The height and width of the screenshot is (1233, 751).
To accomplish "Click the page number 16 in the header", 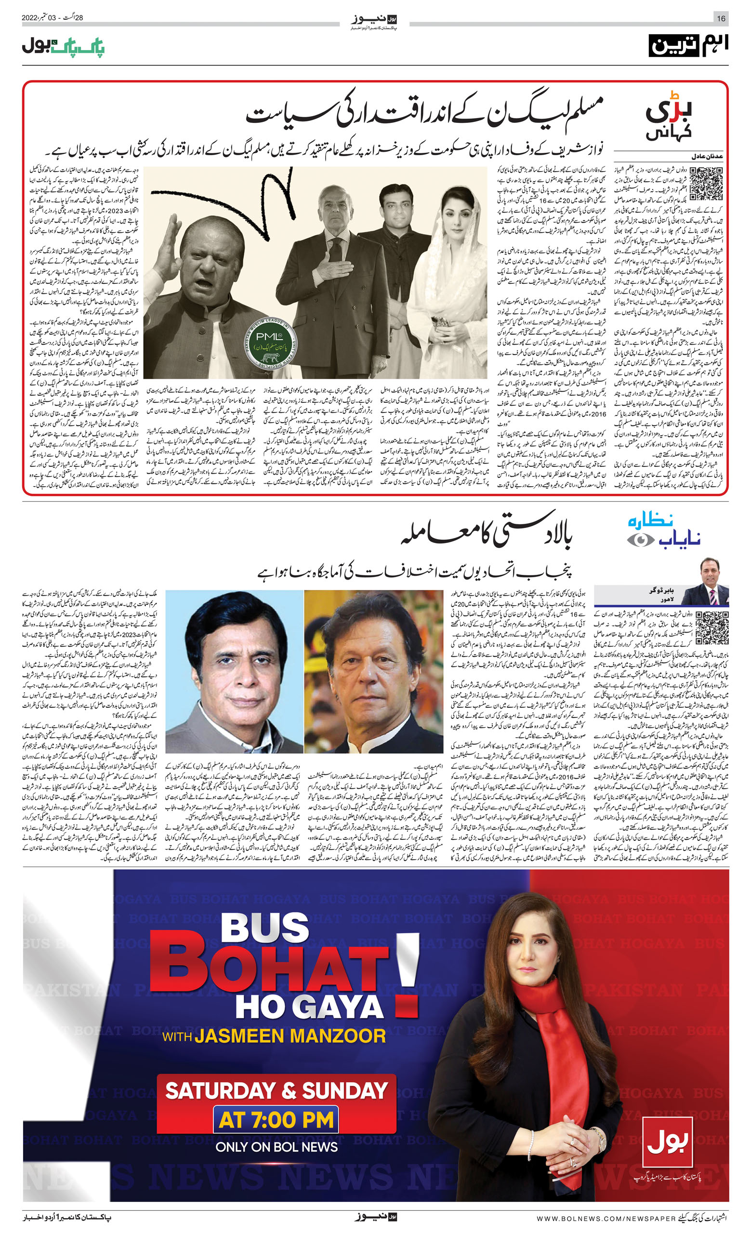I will click(721, 18).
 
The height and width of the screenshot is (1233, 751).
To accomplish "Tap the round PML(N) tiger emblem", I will click(271, 341).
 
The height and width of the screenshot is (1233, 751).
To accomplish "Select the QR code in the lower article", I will click(711, 627).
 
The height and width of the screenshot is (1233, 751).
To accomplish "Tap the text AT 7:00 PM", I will click(276, 1120).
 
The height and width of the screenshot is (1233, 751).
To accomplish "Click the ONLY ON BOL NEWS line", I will click(276, 1147).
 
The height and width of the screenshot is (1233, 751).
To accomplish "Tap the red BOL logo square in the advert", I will click(668, 1141).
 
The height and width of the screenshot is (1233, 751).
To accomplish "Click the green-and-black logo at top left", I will click(63, 47).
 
